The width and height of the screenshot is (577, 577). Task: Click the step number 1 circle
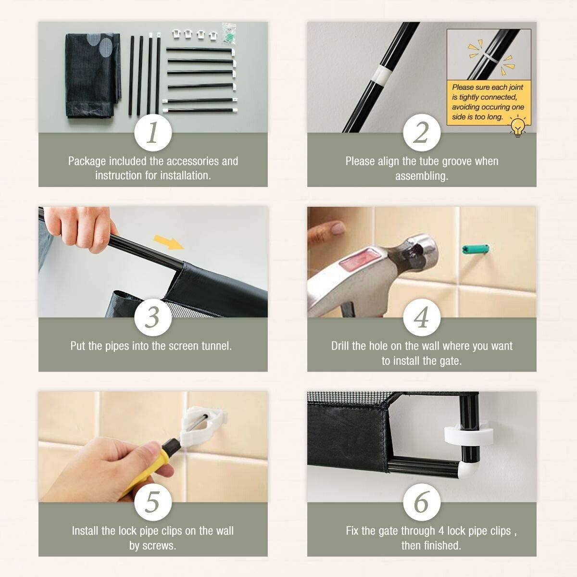pyautogui.click(x=153, y=132)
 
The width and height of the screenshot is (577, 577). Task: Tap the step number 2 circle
pyautogui.click(x=422, y=132)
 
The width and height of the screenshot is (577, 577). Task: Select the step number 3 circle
pyautogui.click(x=153, y=317)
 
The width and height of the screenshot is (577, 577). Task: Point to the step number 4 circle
pyautogui.click(x=422, y=317)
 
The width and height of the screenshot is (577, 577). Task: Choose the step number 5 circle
pyautogui.click(x=153, y=502)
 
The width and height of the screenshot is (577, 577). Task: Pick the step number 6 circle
pyautogui.click(x=422, y=502)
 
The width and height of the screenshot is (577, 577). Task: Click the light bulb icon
pyautogui.click(x=518, y=126)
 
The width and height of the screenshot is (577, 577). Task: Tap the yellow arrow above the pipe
pyautogui.click(x=169, y=242)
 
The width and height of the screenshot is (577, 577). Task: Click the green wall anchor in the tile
pyautogui.click(x=476, y=249)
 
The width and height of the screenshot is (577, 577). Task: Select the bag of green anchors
pyautogui.click(x=229, y=34)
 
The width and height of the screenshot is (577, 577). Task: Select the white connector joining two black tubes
pyautogui.click(x=382, y=75)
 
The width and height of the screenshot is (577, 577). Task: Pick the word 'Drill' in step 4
pyautogui.click(x=340, y=346)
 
